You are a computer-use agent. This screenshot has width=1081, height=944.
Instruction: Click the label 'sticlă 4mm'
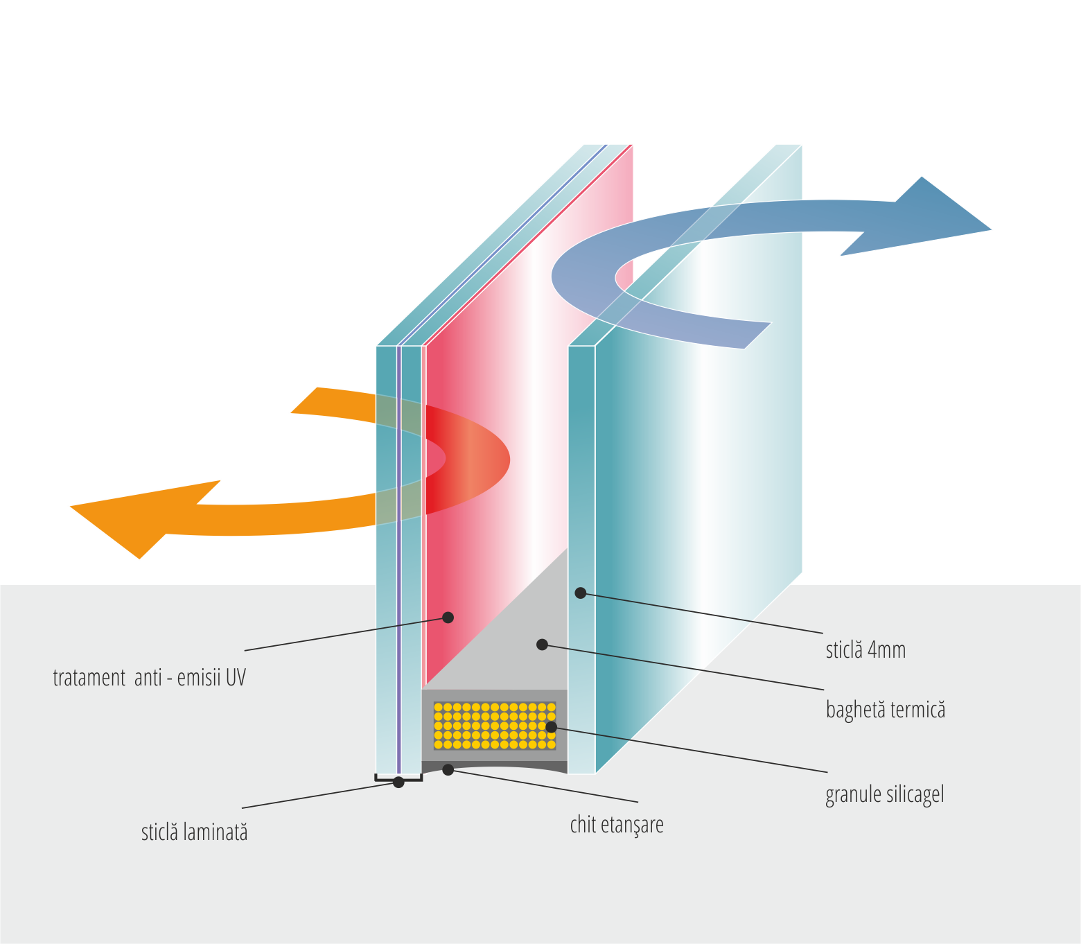(865, 650)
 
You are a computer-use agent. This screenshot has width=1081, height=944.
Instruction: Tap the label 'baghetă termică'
(885, 710)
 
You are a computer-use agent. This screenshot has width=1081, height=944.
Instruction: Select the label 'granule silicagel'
(884, 794)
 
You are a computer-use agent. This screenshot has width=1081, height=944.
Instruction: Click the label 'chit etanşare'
(616, 825)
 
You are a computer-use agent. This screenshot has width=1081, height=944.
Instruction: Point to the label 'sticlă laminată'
(194, 832)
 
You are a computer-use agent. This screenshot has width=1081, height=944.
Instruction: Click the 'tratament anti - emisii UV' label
(149, 678)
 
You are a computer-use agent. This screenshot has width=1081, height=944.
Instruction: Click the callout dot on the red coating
(448, 617)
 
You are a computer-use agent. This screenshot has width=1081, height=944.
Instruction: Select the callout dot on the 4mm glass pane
(581, 593)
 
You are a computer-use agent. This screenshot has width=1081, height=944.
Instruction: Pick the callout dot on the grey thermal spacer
(543, 645)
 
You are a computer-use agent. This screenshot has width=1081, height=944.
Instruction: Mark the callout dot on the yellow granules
(551, 727)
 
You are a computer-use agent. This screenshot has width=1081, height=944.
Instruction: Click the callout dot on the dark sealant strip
(448, 769)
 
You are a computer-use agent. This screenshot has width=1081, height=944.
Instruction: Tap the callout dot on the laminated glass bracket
(398, 783)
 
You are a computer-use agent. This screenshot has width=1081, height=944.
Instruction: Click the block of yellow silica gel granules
(493, 726)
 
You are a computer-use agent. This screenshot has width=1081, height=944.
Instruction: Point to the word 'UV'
(236, 678)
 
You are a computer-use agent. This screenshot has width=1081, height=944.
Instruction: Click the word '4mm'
(886, 650)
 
